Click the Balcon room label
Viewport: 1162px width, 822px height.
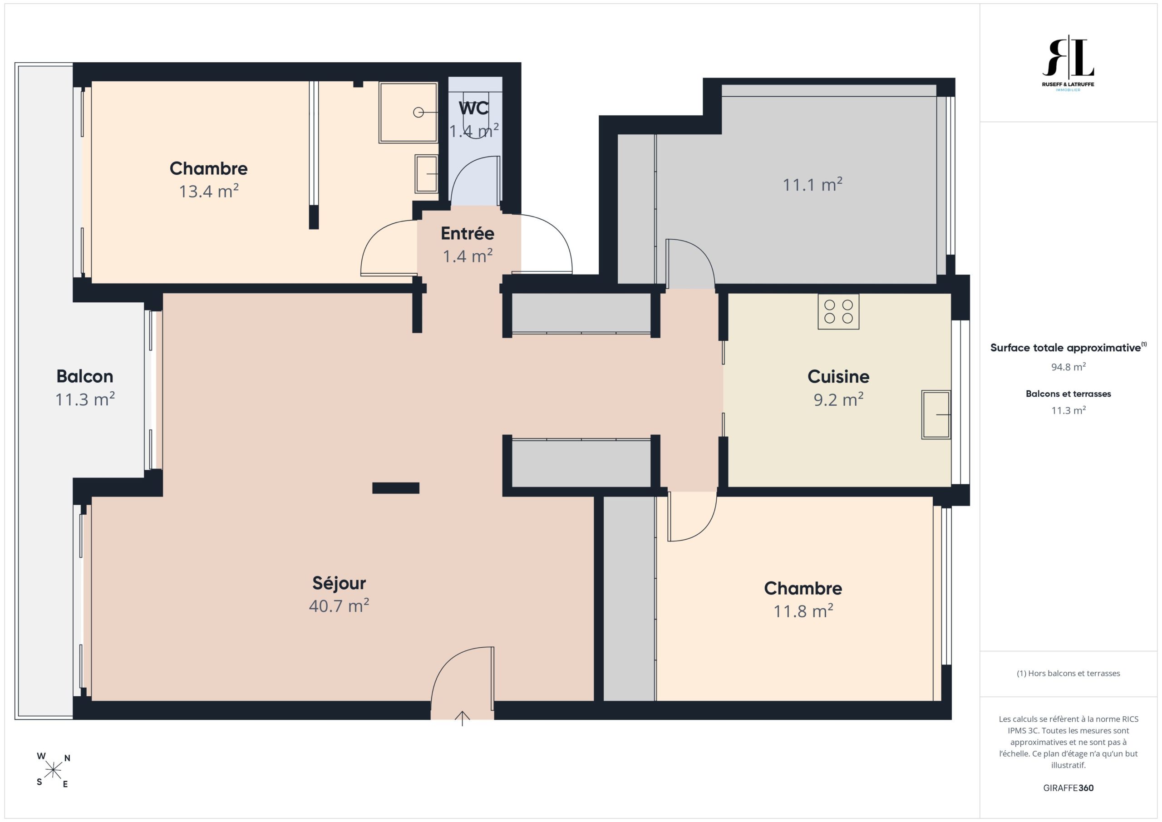click(x=84, y=376)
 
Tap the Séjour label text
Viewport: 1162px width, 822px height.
click(x=339, y=583)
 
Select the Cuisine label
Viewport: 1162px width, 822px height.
click(x=838, y=377)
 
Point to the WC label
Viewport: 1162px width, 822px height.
click(x=474, y=108)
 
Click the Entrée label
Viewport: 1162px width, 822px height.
click(x=467, y=233)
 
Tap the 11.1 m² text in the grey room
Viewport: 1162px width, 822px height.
click(x=812, y=185)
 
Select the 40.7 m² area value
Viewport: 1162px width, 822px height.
click(x=339, y=606)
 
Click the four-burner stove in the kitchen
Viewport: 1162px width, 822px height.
click(x=838, y=311)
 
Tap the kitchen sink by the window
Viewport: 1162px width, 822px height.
click(x=936, y=414)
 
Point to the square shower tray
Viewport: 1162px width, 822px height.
click(x=409, y=113)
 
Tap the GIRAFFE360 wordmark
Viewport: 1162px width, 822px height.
click(x=1068, y=788)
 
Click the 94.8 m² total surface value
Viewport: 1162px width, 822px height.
click(x=1068, y=367)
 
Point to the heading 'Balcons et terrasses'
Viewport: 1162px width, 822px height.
click(x=1068, y=394)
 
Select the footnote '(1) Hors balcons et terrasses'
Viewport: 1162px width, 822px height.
click(x=1068, y=673)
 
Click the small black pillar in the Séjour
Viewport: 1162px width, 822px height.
click(x=396, y=488)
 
